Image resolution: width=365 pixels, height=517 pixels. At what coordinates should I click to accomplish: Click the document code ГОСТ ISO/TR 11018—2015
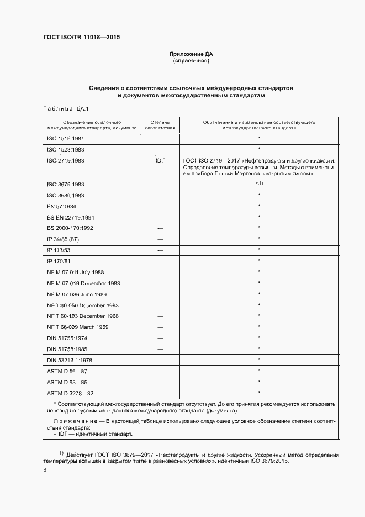click(81, 37)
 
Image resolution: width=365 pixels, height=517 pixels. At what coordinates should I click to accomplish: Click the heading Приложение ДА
click(191, 54)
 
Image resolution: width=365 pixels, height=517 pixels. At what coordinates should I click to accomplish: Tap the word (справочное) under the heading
click(191, 61)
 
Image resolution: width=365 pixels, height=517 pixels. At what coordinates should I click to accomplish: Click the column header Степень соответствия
click(161, 124)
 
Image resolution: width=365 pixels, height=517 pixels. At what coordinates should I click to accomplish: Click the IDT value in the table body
click(161, 160)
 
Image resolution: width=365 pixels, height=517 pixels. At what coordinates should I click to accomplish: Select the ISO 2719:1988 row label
click(66, 160)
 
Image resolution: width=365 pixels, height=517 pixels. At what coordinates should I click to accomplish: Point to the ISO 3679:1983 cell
click(66, 184)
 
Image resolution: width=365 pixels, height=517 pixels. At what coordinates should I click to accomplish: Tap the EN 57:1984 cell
click(62, 206)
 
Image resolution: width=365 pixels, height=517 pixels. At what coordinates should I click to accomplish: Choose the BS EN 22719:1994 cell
click(71, 217)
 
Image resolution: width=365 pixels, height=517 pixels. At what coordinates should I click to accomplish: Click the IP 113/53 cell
click(60, 250)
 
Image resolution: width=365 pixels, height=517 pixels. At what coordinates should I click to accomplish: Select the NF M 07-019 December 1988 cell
click(83, 283)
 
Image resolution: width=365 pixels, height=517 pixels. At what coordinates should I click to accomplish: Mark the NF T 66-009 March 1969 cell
click(78, 327)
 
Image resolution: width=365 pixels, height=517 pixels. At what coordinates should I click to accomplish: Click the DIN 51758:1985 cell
click(67, 349)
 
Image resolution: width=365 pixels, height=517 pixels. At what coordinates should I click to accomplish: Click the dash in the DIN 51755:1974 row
click(161, 338)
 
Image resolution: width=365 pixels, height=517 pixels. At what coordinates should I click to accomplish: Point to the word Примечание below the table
click(71, 421)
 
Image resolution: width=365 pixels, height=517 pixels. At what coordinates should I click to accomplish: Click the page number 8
click(45, 469)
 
